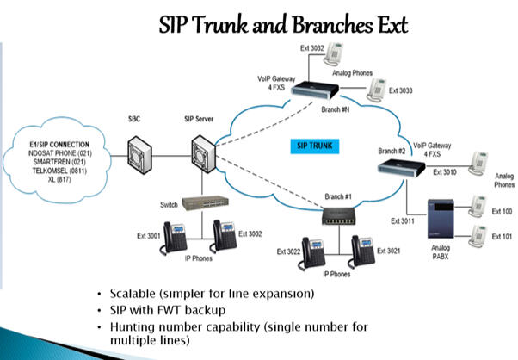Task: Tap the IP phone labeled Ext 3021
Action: [x=362, y=250]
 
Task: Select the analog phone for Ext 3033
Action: [x=376, y=88]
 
